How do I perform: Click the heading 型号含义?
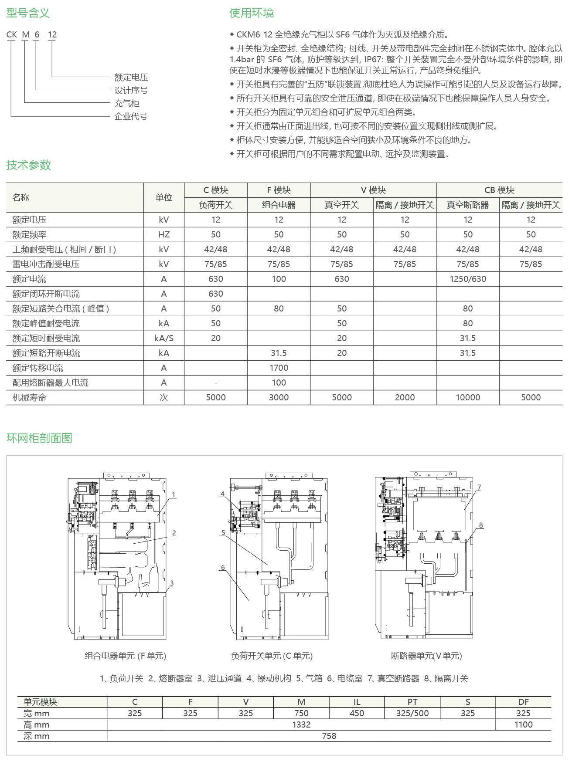[28, 13]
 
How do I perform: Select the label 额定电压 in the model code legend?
[131, 77]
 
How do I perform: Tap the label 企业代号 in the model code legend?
[130, 116]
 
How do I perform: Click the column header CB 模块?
[499, 190]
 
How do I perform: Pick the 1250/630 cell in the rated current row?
[468, 279]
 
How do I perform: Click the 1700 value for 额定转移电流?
[279, 368]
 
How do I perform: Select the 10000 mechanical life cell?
[468, 397]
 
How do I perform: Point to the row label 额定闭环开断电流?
[46, 294]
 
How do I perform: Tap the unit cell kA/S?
[164, 338]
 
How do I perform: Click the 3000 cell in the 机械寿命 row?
[279, 397]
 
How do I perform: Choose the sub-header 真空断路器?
[468, 205]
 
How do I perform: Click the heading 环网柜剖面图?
[39, 438]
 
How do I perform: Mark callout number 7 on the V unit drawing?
[479, 487]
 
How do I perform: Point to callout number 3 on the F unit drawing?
[172, 583]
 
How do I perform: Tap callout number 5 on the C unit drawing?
[223, 532]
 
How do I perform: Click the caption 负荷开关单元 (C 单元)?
[272, 656]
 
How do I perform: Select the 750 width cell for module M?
[301, 713]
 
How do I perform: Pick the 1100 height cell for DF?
[523, 724]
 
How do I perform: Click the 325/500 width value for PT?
[412, 713]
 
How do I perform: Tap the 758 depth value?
[329, 736]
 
